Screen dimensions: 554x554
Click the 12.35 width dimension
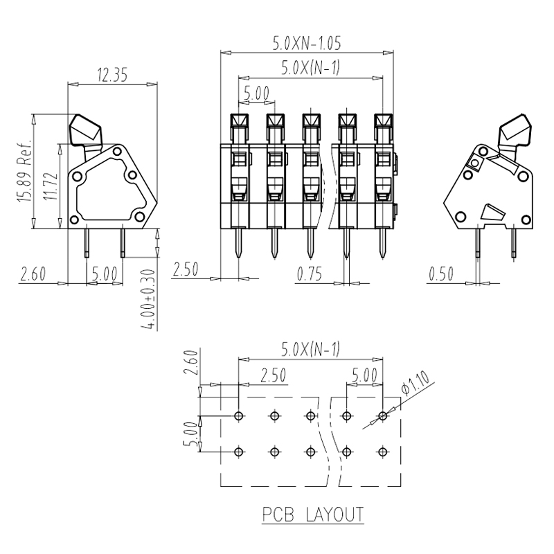[112, 75]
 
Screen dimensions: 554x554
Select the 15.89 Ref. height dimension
[25, 172]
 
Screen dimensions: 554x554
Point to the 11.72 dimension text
[51, 186]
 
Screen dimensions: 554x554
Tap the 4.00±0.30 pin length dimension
[148, 300]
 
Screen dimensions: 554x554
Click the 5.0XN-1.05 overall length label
[307, 43]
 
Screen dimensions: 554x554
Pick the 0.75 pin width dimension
[310, 274]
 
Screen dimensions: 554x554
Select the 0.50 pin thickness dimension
[441, 274]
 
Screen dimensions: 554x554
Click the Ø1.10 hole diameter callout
[415, 383]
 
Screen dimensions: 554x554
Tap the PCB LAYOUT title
[313, 515]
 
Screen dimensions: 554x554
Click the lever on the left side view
[86, 133]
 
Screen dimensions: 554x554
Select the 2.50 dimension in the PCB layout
[273, 375]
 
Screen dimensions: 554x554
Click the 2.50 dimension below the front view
[186, 269]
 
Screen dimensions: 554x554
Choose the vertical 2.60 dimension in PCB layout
[191, 361]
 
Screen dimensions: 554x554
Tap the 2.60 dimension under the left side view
[33, 274]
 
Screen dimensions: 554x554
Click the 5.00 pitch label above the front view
[256, 93]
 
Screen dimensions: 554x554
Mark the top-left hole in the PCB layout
[239, 416]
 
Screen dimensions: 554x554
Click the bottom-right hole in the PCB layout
[383, 452]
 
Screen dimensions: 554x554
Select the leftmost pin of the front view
[239, 243]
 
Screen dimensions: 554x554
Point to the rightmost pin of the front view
[383, 243]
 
